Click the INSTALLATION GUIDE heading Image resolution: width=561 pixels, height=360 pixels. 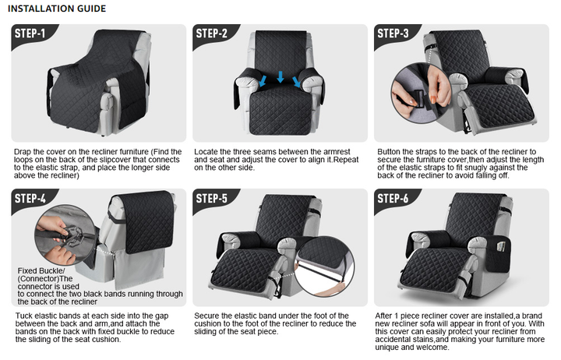tap(57, 9)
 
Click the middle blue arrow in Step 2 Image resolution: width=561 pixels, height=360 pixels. tap(280, 76)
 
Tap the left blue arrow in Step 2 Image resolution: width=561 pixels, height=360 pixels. tap(263, 80)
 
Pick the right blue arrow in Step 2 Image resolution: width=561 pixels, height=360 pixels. tap(297, 82)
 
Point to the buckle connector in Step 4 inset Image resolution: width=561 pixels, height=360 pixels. tap(73, 237)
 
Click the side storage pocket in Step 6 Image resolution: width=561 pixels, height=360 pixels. tap(498, 254)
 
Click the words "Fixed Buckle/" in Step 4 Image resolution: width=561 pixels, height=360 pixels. tap(41, 271)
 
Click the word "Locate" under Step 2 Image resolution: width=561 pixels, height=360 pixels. tap(206, 152)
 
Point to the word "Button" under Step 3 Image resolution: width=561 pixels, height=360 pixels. tap(390, 152)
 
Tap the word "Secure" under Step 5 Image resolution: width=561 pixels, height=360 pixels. tap(206, 316)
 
